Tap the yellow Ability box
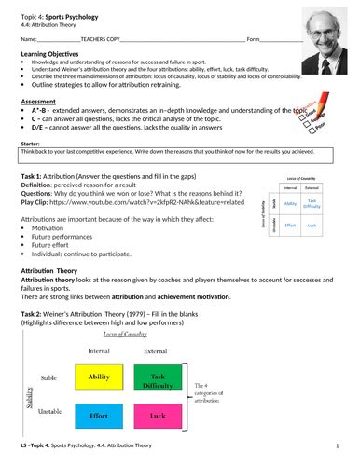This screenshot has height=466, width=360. tap(99, 377)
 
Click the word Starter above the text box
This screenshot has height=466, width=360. tap(31, 169)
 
